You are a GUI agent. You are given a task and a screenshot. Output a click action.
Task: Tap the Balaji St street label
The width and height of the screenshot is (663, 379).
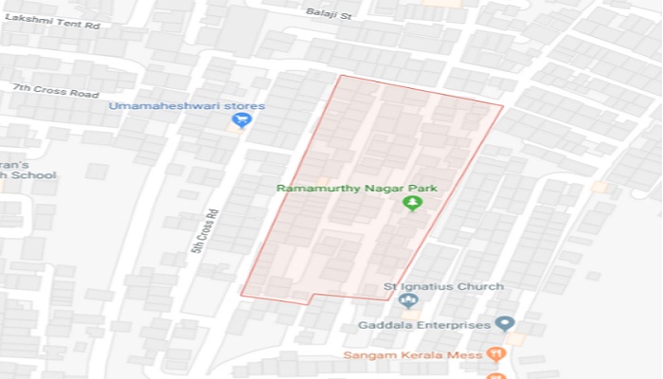(329, 12)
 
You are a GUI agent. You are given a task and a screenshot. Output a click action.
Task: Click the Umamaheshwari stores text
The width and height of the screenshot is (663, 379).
(187, 105)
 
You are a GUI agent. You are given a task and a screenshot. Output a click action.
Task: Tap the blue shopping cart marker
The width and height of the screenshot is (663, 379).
(241, 120)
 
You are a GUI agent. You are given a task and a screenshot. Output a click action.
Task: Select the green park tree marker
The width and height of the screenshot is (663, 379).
(412, 203)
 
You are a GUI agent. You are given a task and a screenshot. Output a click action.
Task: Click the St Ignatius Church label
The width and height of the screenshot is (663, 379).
(430, 286)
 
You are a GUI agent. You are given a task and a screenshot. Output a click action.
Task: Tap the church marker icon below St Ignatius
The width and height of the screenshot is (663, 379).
(409, 300)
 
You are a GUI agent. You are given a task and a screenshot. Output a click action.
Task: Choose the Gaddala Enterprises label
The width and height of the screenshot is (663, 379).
(424, 325)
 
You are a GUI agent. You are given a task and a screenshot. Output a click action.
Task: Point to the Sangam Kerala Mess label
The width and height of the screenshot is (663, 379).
(410, 354)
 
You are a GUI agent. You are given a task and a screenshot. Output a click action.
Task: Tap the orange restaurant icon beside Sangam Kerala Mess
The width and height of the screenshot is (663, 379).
(497, 354)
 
